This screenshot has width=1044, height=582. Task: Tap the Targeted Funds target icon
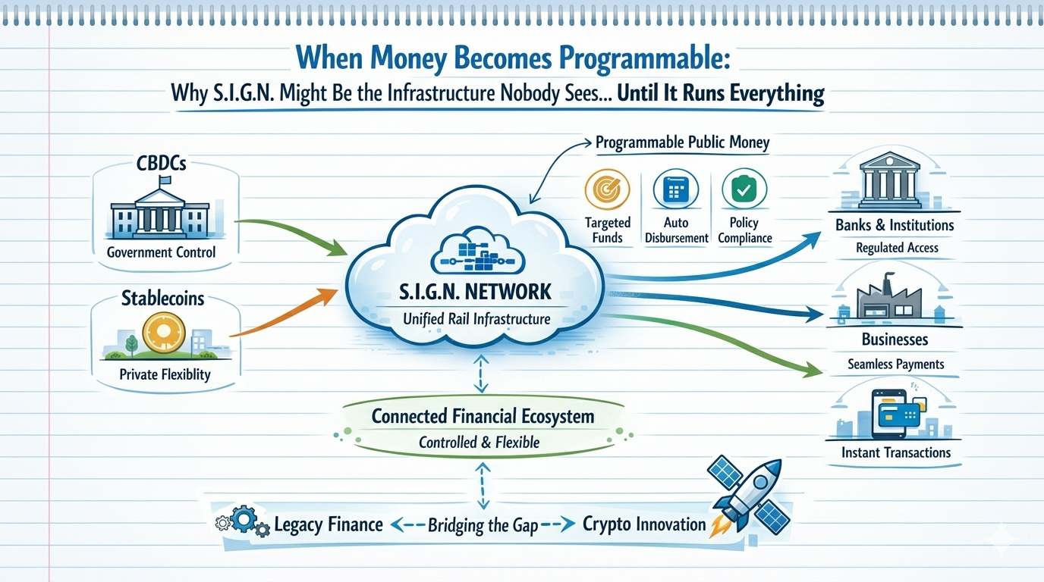(608, 189)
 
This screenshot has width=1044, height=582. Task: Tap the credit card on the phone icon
(899, 414)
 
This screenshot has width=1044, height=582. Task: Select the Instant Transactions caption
(895, 452)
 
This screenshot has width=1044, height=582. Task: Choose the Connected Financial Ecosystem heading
(483, 416)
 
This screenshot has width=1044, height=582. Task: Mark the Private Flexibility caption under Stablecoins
(165, 374)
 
